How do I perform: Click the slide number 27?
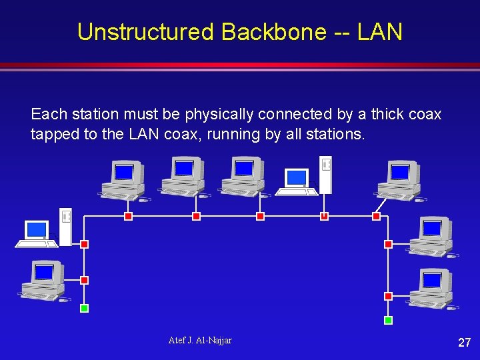tap(464, 343)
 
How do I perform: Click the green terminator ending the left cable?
tap(84, 309)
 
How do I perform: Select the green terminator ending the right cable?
tap(389, 321)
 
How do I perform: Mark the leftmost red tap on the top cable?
tap(129, 216)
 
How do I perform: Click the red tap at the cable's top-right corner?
tap(376, 216)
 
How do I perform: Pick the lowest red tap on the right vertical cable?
tap(389, 296)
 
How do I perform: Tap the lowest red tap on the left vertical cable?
tap(84, 281)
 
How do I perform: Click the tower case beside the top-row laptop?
tap(325, 174)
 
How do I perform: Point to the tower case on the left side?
tap(65, 227)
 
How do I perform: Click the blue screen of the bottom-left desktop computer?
tap(43, 273)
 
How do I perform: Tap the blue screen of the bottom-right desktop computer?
tap(431, 279)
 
